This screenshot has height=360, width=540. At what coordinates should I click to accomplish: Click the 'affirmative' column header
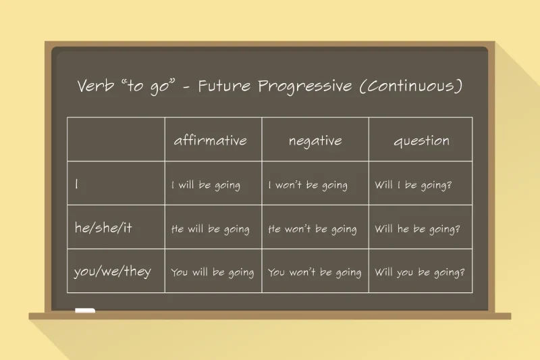pyautogui.click(x=210, y=141)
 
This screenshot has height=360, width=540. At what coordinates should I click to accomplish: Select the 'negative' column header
pyautogui.click(x=315, y=141)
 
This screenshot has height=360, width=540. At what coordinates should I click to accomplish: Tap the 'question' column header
pyautogui.click(x=421, y=141)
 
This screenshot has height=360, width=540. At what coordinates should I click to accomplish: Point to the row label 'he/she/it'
pyautogui.click(x=103, y=228)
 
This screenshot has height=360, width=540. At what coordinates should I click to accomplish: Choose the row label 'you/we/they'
pyautogui.click(x=113, y=272)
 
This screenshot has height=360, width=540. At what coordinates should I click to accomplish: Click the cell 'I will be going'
pyautogui.click(x=205, y=185)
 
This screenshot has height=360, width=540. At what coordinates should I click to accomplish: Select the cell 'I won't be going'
pyautogui.click(x=308, y=185)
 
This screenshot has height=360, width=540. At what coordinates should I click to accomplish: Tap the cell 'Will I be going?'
pyautogui.click(x=413, y=185)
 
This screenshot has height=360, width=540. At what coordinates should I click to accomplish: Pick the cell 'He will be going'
pyautogui.click(x=210, y=229)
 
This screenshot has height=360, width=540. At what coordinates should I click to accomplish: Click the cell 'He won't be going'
pyautogui.click(x=313, y=229)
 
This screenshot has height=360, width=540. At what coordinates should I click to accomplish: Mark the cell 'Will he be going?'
pyautogui.click(x=417, y=229)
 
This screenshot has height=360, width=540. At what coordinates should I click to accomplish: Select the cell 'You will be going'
pyautogui.click(x=212, y=273)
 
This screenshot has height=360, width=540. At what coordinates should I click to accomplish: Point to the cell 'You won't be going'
pyautogui.click(x=315, y=273)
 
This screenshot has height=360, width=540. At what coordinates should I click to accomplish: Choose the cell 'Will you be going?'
pyautogui.click(x=419, y=273)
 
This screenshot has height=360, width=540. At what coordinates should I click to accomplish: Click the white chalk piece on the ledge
pyautogui.click(x=85, y=311)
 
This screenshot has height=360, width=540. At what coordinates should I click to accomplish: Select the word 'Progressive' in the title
pyautogui.click(x=302, y=87)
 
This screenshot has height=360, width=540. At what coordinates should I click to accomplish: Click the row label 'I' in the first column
pyautogui.click(x=77, y=184)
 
